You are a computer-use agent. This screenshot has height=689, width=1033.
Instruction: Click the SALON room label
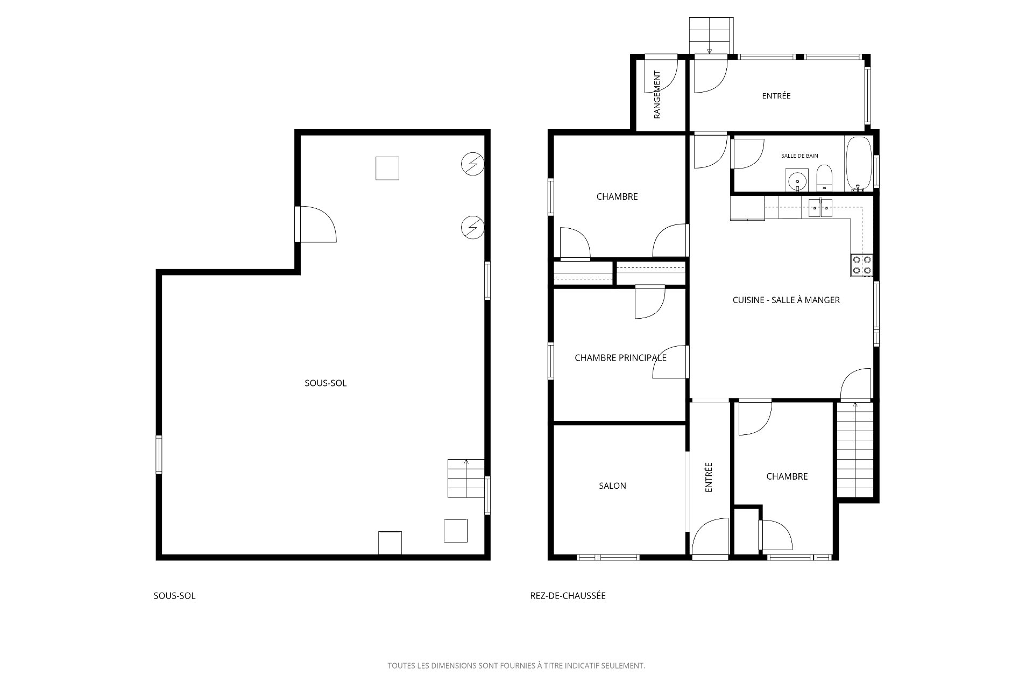tap(612, 486)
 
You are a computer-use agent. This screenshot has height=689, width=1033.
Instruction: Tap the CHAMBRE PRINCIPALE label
tap(620, 357)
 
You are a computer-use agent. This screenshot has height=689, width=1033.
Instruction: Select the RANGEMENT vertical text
tap(657, 95)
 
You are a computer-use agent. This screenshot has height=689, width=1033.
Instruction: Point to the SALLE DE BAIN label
tap(799, 156)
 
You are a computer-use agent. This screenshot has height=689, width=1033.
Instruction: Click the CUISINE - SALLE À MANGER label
tap(786, 300)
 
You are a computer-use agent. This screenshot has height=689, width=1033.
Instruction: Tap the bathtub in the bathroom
tap(859, 164)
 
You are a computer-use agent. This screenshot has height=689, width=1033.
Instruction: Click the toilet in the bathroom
tap(824, 178)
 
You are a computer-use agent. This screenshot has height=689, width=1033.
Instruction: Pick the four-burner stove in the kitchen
tap(861, 265)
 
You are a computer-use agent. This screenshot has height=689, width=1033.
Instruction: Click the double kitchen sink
tap(820, 208)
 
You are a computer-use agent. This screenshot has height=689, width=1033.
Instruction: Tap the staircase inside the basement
tap(466, 478)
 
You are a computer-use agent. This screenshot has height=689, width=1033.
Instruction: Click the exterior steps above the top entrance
tap(711, 36)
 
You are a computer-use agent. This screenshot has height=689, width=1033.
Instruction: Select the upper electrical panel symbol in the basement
tap(473, 164)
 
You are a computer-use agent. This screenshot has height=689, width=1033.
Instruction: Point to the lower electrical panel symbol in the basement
tap(473, 227)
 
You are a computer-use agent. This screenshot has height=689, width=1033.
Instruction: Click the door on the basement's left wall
tap(316, 224)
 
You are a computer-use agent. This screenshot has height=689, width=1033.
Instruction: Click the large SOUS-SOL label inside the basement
tap(326, 383)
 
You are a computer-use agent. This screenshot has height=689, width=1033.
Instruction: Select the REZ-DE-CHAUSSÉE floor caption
tap(568, 596)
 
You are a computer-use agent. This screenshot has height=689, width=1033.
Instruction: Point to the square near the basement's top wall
tap(387, 168)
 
